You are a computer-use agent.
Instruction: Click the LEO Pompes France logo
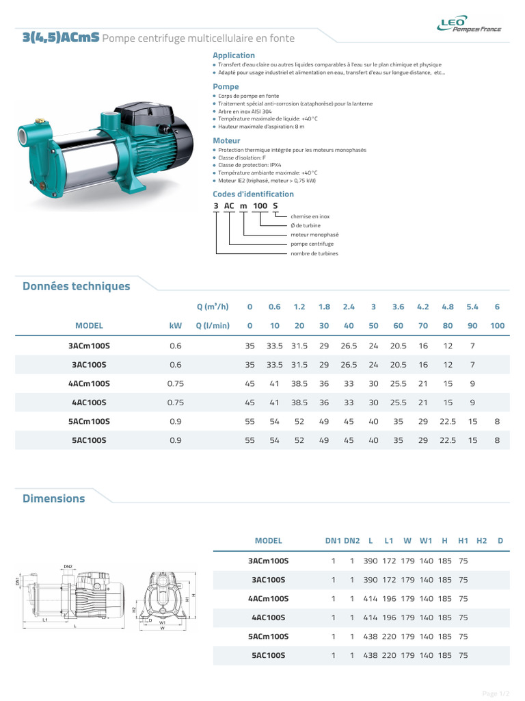469,24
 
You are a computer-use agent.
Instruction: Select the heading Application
234,55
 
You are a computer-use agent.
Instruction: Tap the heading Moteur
226,141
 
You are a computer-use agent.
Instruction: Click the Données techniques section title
77,286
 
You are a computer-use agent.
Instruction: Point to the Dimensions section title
53,498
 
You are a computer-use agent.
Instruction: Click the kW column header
176,325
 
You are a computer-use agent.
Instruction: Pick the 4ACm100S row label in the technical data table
89,383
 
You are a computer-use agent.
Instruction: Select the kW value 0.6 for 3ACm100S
176,346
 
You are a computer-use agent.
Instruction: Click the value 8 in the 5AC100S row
497,440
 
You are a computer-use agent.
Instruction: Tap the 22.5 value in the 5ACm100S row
447,422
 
